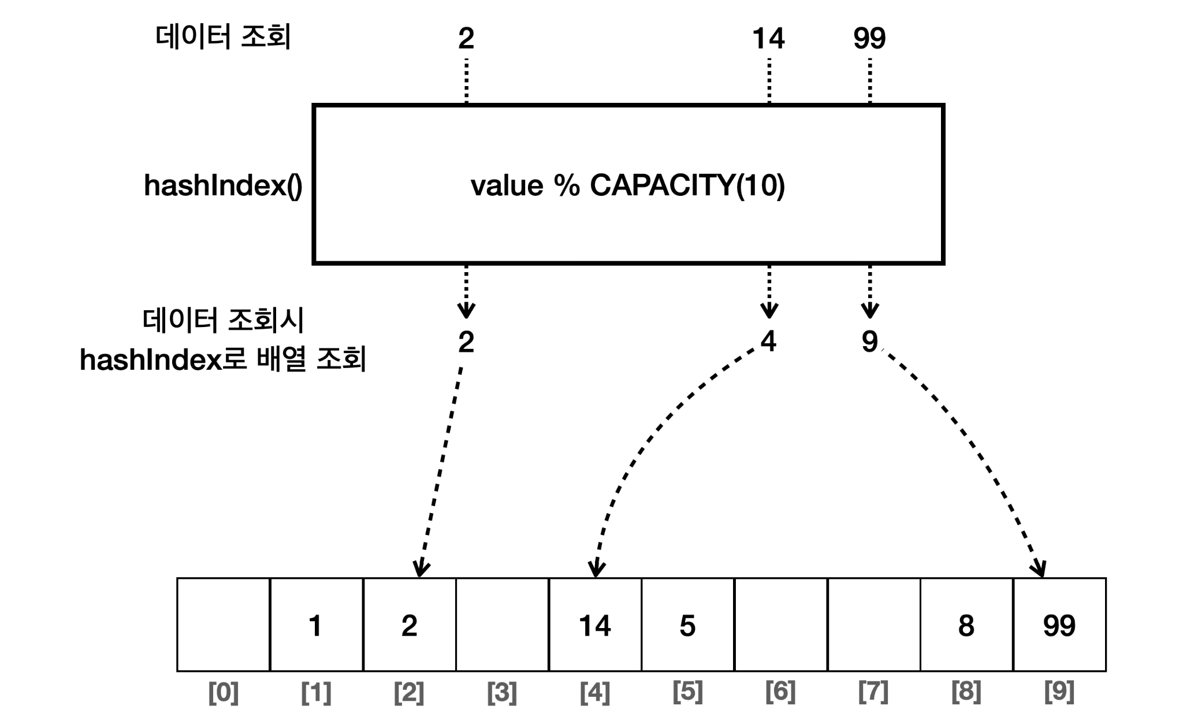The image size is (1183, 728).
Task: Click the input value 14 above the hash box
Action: [x=768, y=38]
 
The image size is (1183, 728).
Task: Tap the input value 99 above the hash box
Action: [x=869, y=38]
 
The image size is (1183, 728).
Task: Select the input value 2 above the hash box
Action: [x=466, y=38]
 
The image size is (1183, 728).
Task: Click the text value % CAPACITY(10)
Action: [x=628, y=185]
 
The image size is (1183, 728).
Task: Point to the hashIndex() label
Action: [x=223, y=186]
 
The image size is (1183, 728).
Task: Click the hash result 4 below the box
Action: [x=768, y=341]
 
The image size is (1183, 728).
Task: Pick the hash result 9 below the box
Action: [x=869, y=341]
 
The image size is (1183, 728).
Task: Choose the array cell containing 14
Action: [x=595, y=625]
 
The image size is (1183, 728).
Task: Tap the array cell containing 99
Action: [x=1059, y=625]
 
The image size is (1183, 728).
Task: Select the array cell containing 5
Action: [x=687, y=625]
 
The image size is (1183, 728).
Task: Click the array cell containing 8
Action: [x=966, y=625]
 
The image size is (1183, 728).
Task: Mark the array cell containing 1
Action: [x=316, y=625]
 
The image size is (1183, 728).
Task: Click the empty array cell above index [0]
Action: [x=224, y=625]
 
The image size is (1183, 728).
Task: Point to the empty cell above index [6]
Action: [x=780, y=625]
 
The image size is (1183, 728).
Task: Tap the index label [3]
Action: [x=502, y=692]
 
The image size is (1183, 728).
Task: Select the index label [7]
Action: [x=873, y=692]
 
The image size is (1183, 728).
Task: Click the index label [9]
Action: [x=1059, y=692]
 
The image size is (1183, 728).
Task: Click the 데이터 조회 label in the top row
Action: [x=223, y=37]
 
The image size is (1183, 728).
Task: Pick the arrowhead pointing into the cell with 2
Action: [x=421, y=569]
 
